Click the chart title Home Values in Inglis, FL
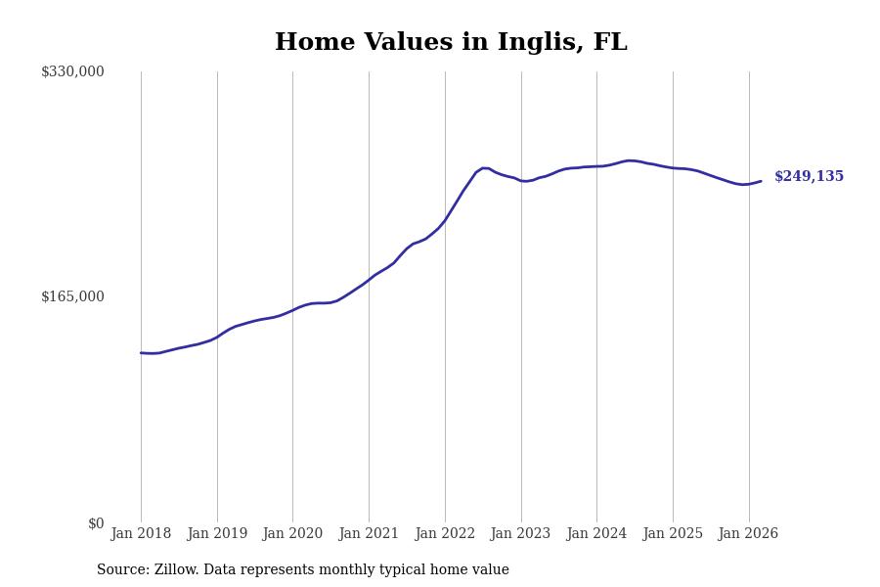tap(451, 43)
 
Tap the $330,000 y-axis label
tap(72, 71)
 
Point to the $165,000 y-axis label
tap(72, 296)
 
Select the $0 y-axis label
tap(96, 523)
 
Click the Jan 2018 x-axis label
tap(141, 533)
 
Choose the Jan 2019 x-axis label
tap(217, 533)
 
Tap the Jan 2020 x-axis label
tap(292, 533)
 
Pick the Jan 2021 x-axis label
tap(369, 533)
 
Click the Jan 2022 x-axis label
tap(445, 533)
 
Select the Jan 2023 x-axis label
tap(520, 533)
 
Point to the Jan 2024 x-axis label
tap(596, 533)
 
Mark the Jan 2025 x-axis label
tap(673, 533)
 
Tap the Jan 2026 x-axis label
tap(748, 533)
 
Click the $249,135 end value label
tap(809, 177)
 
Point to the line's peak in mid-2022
tap(484, 168)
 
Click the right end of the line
tap(761, 181)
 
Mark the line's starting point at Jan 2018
tap(141, 353)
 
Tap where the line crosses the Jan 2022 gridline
tap(445, 219)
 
